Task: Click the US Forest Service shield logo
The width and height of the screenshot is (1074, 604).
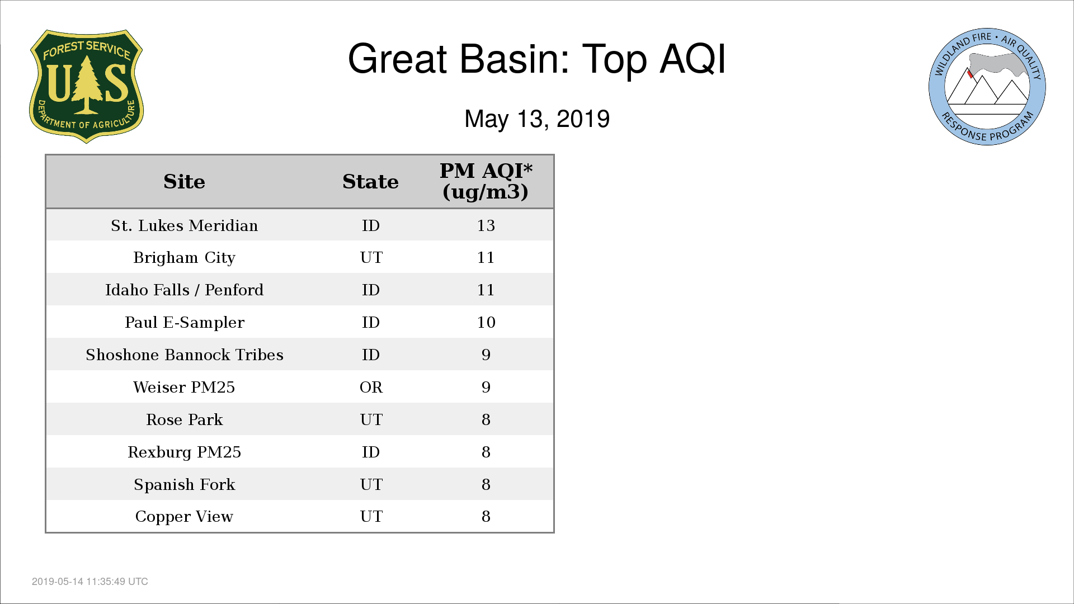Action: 86,86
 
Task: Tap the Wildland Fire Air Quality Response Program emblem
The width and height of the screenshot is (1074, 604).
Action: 987,87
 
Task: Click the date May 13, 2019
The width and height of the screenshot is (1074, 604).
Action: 537,119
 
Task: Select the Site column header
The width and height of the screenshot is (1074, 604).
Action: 184,182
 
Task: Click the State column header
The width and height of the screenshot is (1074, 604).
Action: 370,182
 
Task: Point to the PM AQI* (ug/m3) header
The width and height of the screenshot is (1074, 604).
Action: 486,181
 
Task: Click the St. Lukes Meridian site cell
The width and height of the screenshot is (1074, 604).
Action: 184,225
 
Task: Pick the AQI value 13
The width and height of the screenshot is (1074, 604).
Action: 486,225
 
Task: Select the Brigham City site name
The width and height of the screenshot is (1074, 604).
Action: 184,258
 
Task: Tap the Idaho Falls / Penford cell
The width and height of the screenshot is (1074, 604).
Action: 184,290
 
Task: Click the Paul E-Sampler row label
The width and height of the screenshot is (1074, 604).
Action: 184,323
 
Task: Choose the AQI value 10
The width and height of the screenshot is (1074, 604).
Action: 486,322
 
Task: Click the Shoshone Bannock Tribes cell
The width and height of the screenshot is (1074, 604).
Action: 184,355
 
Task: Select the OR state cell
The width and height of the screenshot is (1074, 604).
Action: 371,387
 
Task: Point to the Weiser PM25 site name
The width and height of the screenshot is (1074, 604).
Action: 184,387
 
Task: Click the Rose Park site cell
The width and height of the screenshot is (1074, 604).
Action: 184,419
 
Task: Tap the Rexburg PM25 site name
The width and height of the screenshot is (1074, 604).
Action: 184,452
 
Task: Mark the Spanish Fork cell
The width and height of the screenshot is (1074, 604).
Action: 184,484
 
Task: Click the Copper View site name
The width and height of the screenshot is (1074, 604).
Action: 184,517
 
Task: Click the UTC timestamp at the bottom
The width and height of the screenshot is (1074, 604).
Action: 89,582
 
